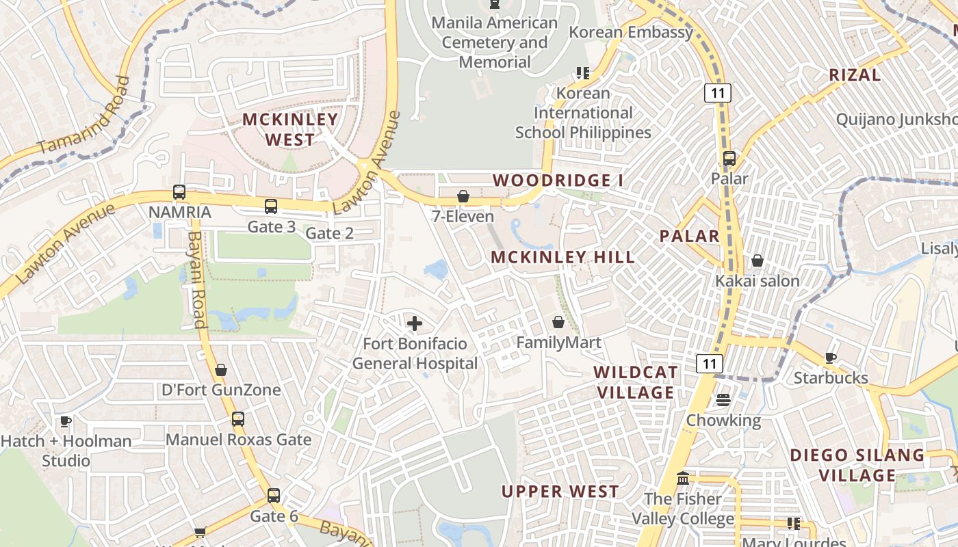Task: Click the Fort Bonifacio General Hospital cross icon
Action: click(414, 323)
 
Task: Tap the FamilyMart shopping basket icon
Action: click(558, 322)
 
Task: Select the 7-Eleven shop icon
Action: click(463, 197)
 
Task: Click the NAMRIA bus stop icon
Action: click(179, 192)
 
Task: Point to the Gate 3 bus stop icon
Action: click(271, 206)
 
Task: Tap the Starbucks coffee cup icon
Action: click(830, 358)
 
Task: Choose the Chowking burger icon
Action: click(723, 400)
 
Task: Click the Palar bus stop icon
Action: click(729, 159)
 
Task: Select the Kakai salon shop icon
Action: click(758, 261)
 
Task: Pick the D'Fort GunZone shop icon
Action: click(221, 371)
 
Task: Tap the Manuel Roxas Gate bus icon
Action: click(238, 419)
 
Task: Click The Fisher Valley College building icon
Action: click(682, 479)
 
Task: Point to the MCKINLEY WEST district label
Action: click(290, 129)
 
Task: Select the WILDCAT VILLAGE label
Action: click(636, 382)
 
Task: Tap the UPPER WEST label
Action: click(560, 492)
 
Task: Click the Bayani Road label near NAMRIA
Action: click(196, 278)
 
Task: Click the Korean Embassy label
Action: click(631, 32)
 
